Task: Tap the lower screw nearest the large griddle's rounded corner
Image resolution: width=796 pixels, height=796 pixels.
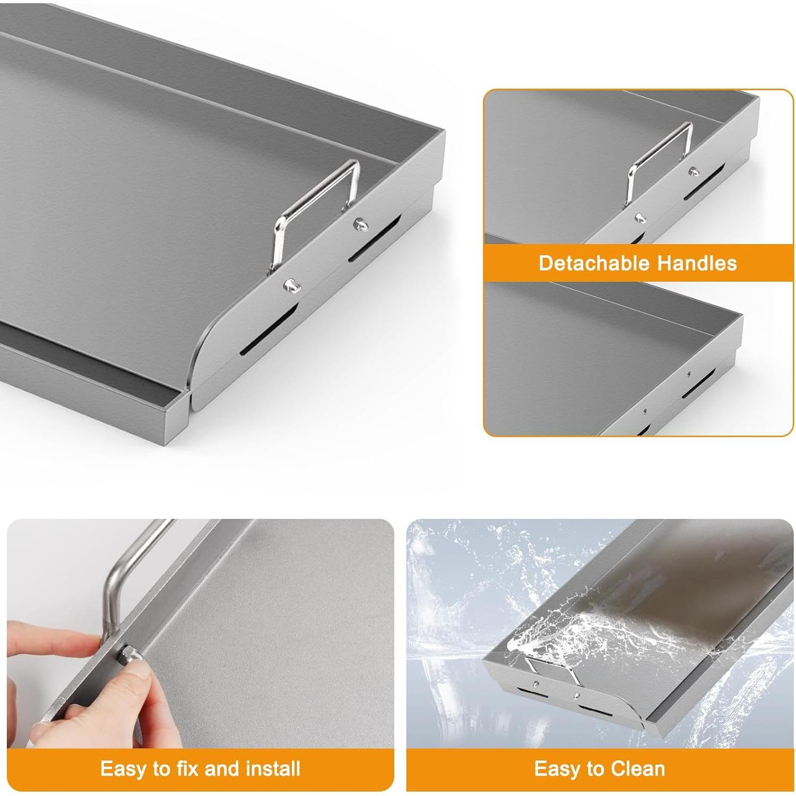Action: (291, 285)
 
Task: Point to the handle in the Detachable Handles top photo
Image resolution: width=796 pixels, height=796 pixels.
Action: (661, 159)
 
